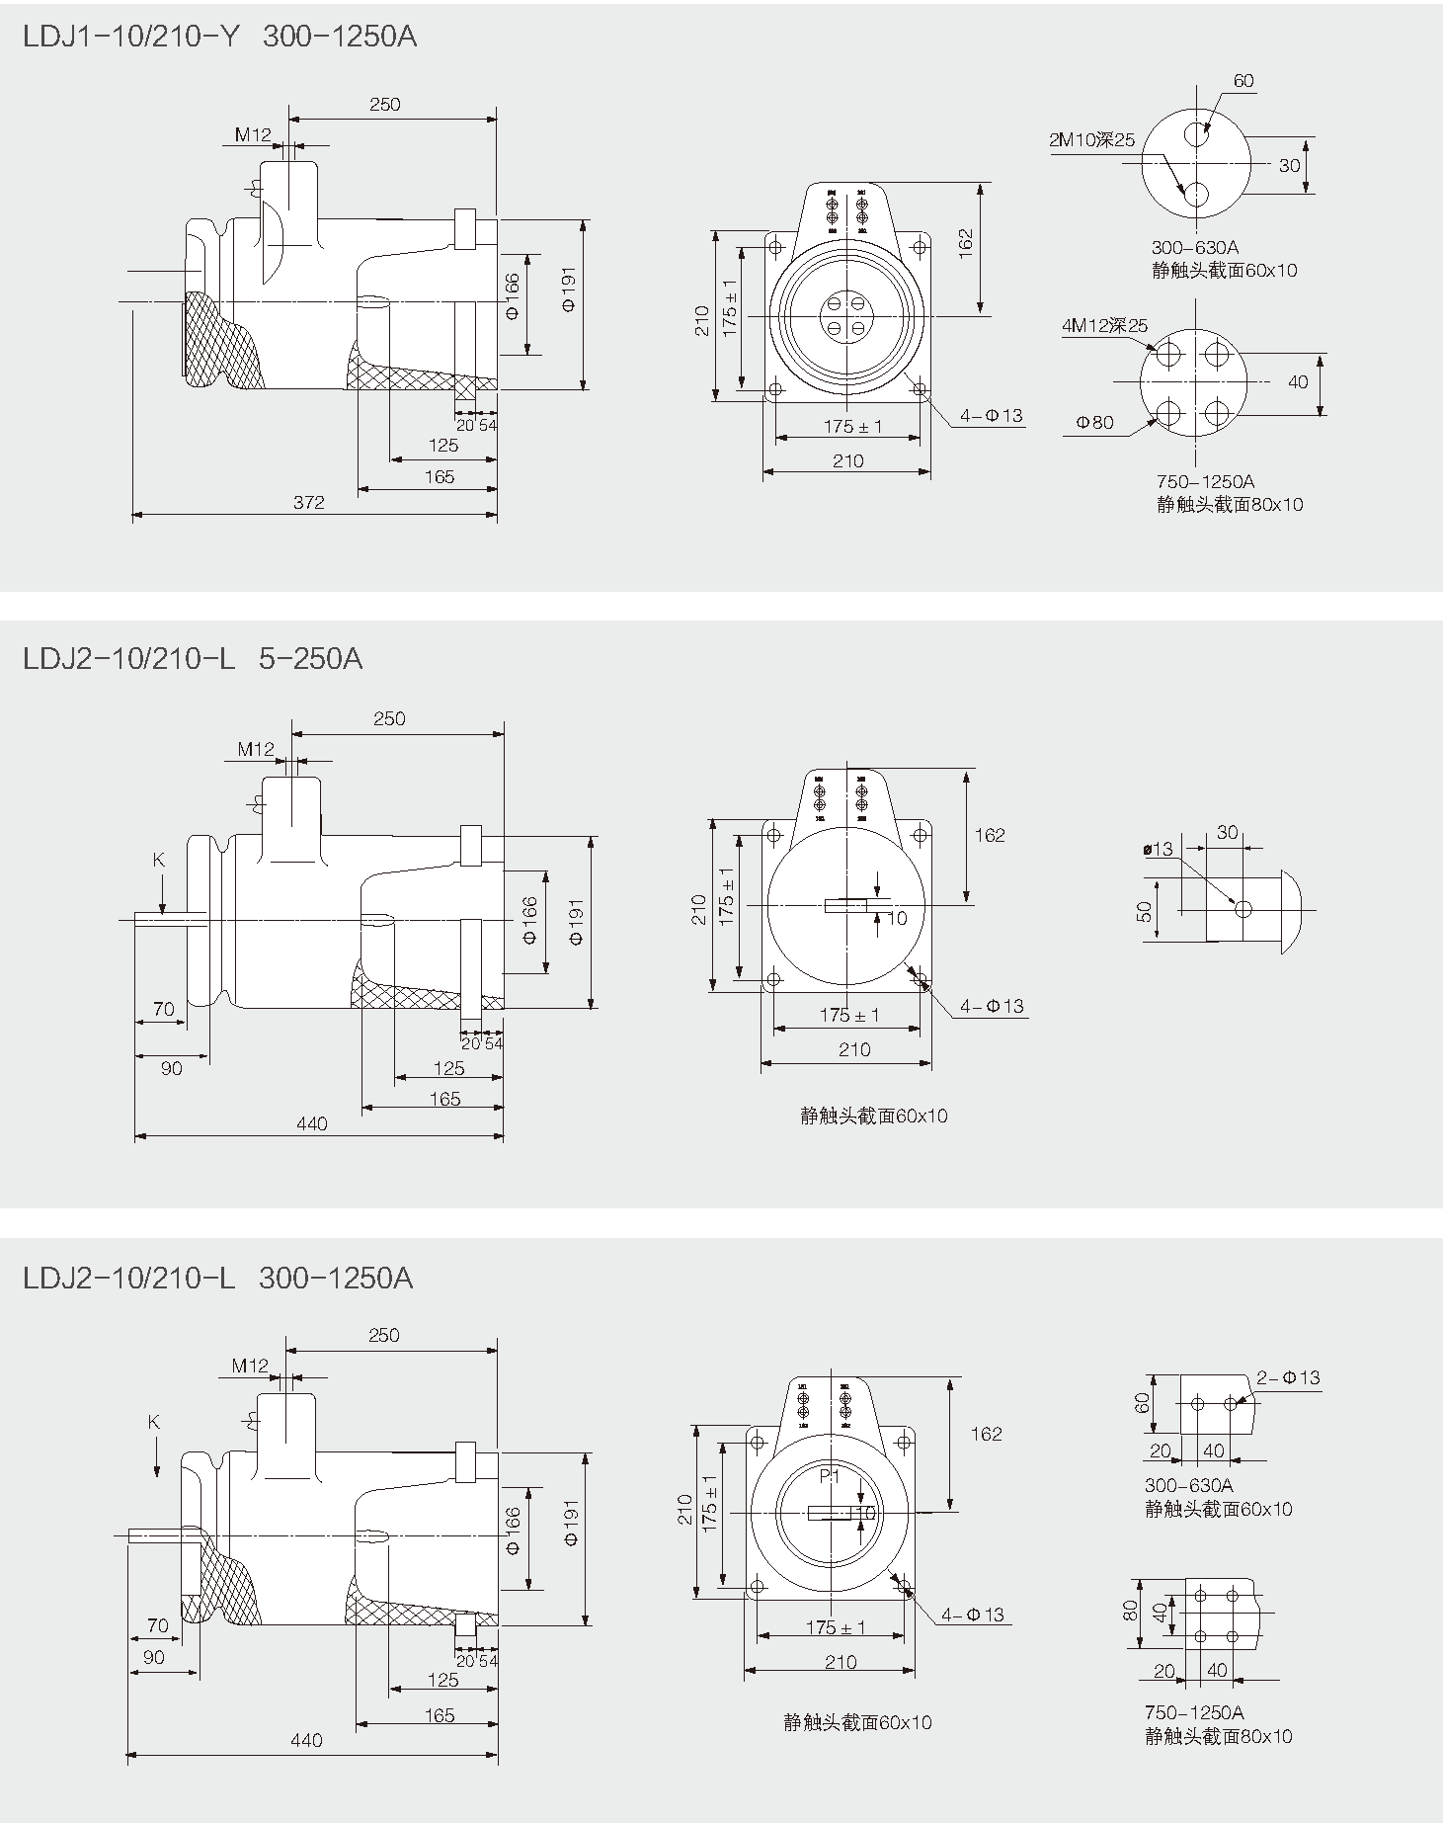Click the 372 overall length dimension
click(309, 502)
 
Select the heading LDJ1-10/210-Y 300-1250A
click(219, 37)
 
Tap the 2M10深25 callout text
click(1091, 140)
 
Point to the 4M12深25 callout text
click(1104, 325)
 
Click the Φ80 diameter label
click(1094, 423)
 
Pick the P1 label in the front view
click(829, 1475)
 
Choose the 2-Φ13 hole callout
click(1288, 1377)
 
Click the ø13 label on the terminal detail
click(1158, 849)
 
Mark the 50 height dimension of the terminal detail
click(1145, 911)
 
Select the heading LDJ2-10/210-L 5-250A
click(193, 658)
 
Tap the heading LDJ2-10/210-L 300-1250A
click(217, 1279)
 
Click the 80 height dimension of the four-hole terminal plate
click(1131, 1612)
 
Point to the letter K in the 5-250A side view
click(159, 860)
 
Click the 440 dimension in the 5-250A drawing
click(311, 1123)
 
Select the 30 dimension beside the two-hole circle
click(1289, 165)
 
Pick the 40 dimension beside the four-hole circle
click(1298, 381)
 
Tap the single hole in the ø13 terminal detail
click(1243, 908)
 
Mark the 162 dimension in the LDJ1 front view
click(965, 243)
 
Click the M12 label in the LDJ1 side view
click(253, 134)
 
